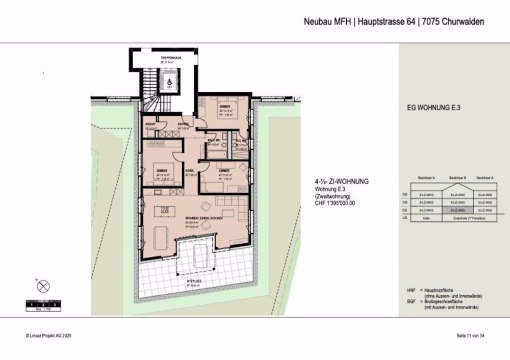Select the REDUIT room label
(x=150, y=124)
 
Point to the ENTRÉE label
(x=183, y=124)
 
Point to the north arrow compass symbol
(x=44, y=286)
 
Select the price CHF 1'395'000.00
(x=334, y=203)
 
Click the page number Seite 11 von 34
(x=470, y=336)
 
